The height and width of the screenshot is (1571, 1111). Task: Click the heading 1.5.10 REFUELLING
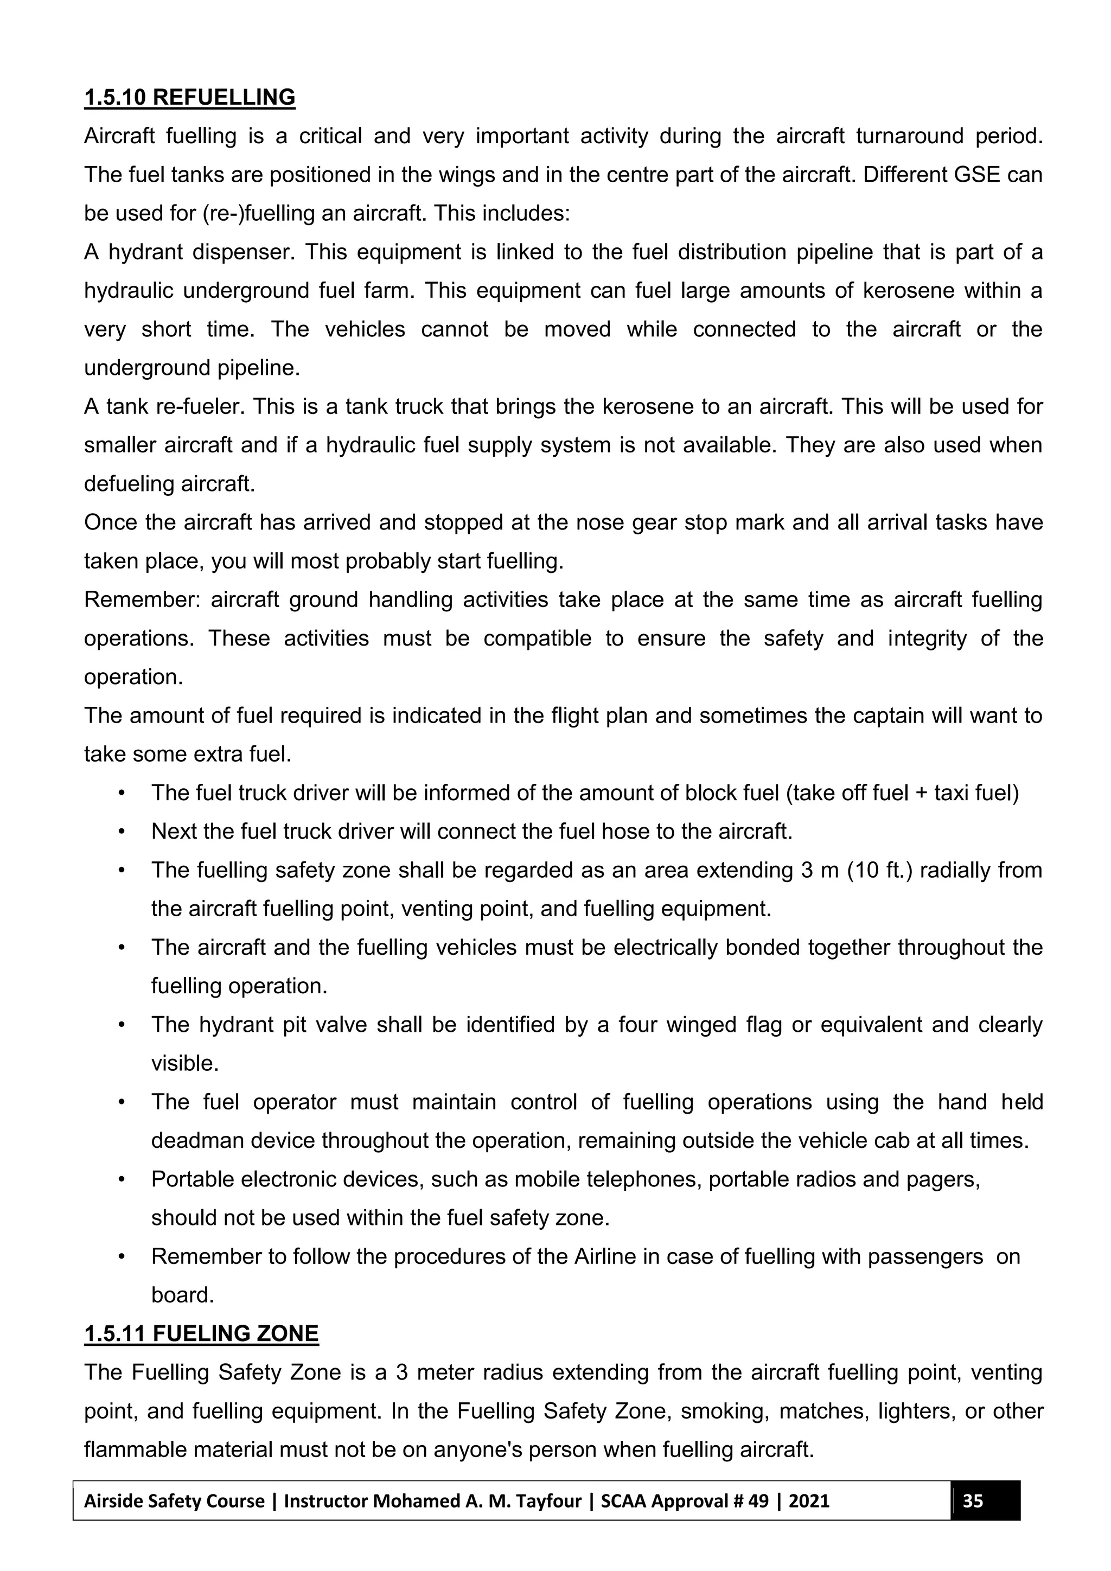(189, 97)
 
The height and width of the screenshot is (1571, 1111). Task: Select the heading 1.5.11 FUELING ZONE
(201, 1333)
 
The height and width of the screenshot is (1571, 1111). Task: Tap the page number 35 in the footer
(972, 1500)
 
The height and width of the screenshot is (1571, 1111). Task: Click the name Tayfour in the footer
(547, 1500)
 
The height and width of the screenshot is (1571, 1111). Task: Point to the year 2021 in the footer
(809, 1500)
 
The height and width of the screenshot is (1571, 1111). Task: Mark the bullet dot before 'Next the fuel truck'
(122, 832)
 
